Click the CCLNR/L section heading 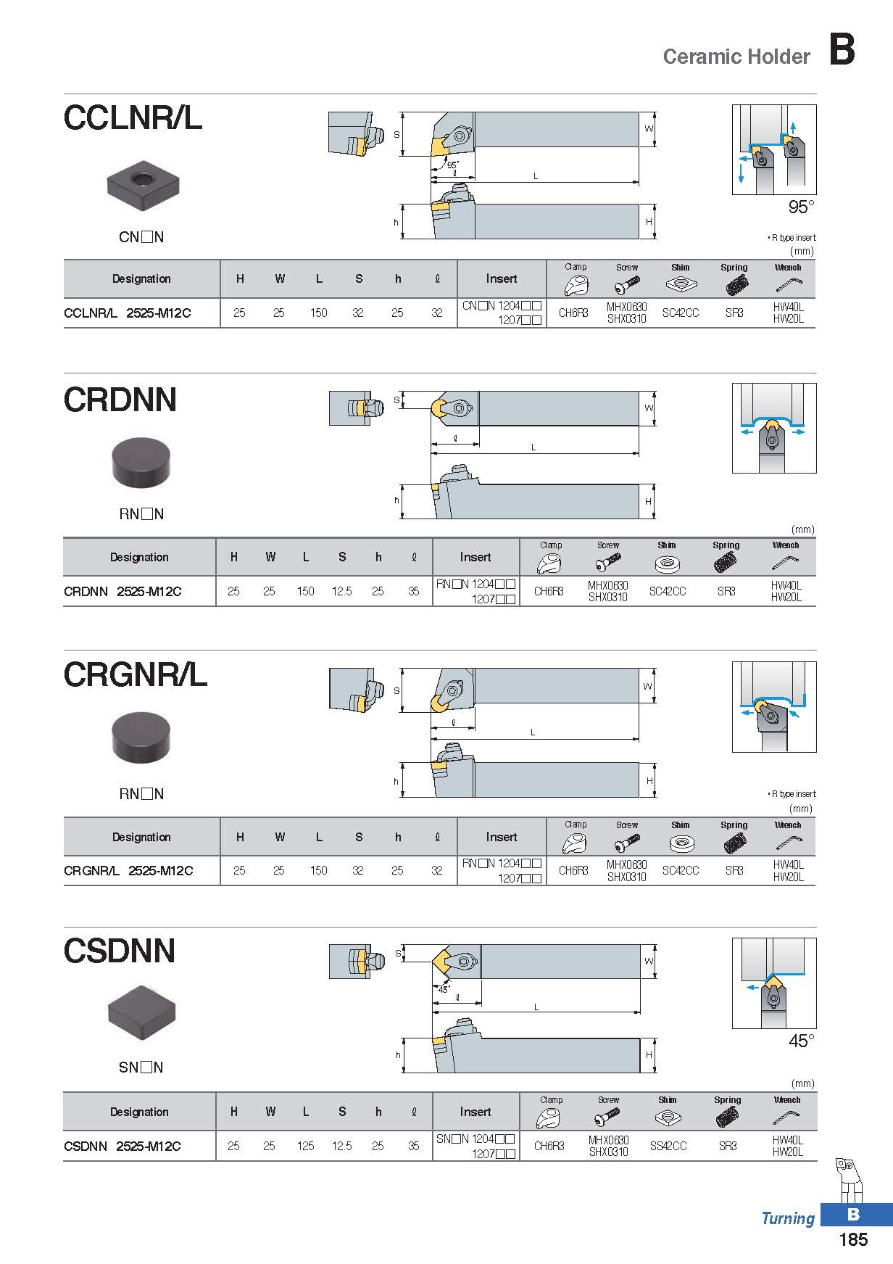[x=133, y=117]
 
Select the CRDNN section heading [x=120, y=400]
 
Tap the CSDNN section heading [x=120, y=951]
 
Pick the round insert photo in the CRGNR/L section [x=141, y=738]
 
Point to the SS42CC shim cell [x=668, y=1146]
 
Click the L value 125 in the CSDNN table [x=306, y=1146]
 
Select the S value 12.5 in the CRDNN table [x=342, y=591]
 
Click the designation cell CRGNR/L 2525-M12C [x=128, y=870]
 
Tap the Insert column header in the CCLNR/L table [x=502, y=278]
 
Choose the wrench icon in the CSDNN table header [x=786, y=1117]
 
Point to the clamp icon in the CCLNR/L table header [x=576, y=284]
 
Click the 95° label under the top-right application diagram [x=801, y=207]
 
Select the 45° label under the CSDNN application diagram [x=801, y=1041]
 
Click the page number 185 [x=852, y=1239]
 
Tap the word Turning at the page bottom [x=788, y=1218]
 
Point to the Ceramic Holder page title [x=736, y=57]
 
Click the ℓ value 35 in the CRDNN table [x=413, y=591]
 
